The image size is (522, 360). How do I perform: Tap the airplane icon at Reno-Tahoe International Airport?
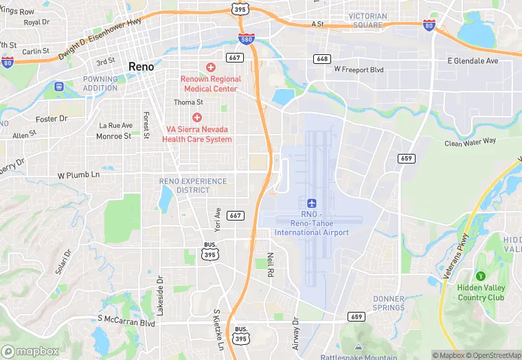tap(312, 203)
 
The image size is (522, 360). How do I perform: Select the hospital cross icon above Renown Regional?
tap(211, 67)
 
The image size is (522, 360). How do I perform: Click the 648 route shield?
tap(322, 59)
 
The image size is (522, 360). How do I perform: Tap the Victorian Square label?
tap(375, 21)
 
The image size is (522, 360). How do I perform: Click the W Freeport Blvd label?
tap(359, 69)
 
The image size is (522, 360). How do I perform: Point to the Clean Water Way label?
tap(470, 142)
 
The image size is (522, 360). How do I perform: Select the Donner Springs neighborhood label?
tap(389, 303)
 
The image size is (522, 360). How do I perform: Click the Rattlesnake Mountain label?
tap(358, 356)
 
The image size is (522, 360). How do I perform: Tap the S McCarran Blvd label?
tap(126, 320)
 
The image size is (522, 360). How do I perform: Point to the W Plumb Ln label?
tap(78, 175)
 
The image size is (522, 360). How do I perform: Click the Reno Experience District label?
tap(192, 185)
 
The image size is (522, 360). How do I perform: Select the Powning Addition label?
tap(100, 83)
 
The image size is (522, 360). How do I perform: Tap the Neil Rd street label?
tap(271, 264)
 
